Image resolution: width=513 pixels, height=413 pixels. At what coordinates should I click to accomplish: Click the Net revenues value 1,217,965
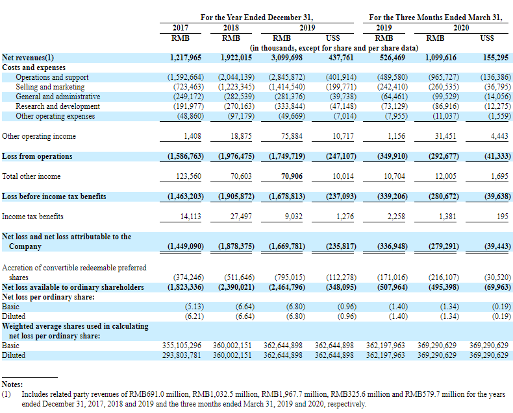click(x=186, y=58)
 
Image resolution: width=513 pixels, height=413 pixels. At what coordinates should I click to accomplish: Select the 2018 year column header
click(x=231, y=28)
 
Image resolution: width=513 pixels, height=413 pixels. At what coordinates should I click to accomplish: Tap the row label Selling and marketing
click(x=50, y=87)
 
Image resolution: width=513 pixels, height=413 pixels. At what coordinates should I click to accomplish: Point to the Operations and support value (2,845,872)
click(x=287, y=77)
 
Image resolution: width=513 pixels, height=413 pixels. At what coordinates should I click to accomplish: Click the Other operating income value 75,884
click(x=292, y=136)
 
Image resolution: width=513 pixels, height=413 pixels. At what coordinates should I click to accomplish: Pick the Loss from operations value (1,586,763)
click(x=186, y=156)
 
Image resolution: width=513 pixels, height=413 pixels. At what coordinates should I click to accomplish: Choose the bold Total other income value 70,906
click(x=292, y=176)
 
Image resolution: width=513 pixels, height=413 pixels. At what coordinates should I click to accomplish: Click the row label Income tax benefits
click(x=32, y=217)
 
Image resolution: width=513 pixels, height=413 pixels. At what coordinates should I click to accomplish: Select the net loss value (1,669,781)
click(x=287, y=246)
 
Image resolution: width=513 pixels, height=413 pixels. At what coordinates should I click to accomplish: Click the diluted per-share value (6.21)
click(x=194, y=316)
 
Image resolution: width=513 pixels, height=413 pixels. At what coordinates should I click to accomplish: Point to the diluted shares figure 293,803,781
click(x=182, y=355)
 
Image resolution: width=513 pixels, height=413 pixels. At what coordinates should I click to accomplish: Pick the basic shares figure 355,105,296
click(x=182, y=346)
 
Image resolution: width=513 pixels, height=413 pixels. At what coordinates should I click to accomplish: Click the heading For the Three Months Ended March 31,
click(x=436, y=18)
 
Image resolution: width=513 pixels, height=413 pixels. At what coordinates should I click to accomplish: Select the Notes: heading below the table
click(x=12, y=384)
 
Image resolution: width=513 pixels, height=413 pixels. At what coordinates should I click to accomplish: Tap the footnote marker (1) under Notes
click(x=6, y=394)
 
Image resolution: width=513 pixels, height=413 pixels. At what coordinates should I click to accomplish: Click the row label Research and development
click(x=58, y=106)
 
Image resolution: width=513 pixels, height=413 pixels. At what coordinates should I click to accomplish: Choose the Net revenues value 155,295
click(x=495, y=58)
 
